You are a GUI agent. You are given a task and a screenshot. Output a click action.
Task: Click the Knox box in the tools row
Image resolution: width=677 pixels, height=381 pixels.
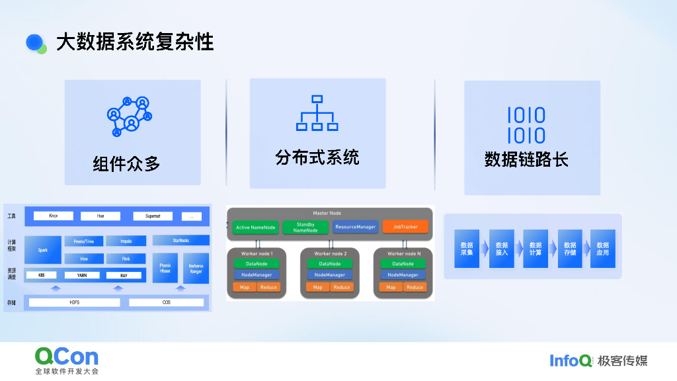(54, 216)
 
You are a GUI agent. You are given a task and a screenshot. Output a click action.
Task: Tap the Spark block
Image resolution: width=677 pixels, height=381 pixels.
(43, 250)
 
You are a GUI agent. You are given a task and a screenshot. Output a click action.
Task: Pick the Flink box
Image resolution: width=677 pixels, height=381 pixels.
(126, 259)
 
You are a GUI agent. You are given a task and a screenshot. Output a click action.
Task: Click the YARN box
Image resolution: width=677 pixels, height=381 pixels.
(82, 275)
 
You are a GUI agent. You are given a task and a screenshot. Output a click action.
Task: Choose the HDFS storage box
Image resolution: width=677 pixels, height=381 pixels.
(75, 302)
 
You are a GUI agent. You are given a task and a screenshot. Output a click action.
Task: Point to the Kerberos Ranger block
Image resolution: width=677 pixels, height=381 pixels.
(196, 268)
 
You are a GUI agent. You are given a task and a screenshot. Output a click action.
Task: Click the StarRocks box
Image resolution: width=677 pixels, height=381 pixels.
(180, 241)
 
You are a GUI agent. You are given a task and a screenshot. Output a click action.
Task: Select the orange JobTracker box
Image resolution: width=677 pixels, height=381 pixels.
(405, 227)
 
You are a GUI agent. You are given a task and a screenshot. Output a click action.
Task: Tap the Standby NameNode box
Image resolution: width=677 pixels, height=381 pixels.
(305, 227)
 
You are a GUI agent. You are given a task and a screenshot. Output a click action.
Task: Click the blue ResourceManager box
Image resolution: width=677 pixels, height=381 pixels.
(355, 227)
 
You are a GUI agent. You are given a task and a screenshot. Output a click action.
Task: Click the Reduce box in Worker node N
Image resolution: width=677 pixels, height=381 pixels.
(415, 287)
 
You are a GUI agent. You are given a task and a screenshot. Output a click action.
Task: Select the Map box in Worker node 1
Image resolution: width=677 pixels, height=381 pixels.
(244, 287)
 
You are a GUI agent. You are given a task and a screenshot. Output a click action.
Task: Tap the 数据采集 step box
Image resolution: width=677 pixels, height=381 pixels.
(467, 249)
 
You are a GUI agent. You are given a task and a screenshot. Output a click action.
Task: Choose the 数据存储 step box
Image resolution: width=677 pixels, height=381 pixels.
(570, 249)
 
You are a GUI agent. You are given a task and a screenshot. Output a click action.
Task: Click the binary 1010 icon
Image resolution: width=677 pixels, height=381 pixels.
(526, 126)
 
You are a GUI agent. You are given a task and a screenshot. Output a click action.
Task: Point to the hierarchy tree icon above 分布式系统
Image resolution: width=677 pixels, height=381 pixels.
(317, 113)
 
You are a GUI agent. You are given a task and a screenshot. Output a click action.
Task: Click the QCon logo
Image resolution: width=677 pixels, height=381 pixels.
(67, 358)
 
